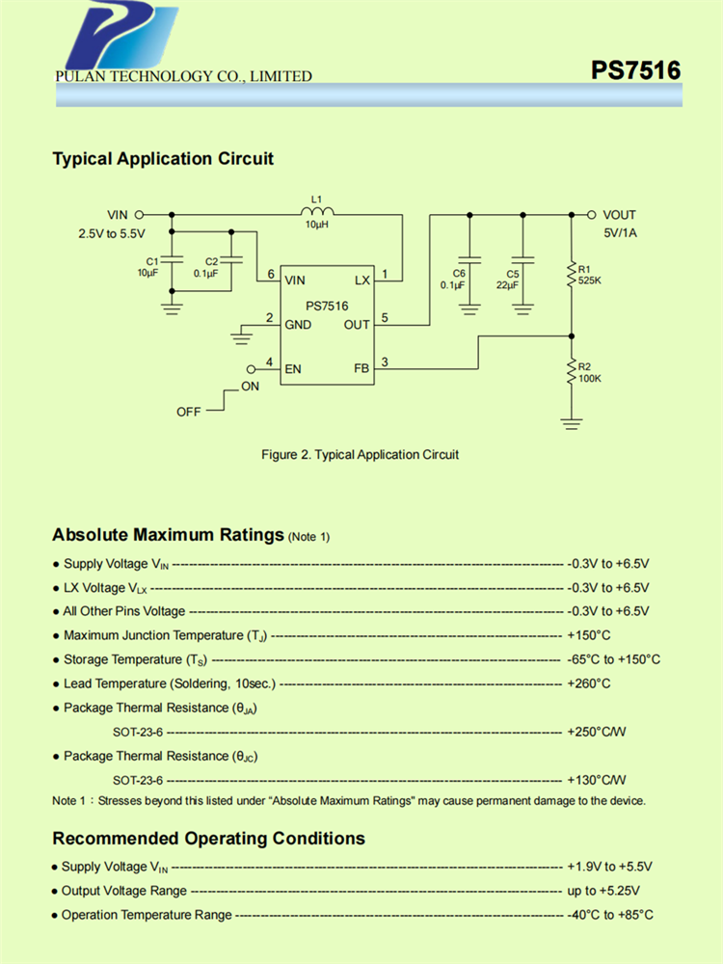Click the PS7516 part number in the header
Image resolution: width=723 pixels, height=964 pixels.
point(636,70)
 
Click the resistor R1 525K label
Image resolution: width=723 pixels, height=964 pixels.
point(590,274)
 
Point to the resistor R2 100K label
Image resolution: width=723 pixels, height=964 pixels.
point(590,373)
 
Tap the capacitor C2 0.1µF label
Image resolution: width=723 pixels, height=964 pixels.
point(206,267)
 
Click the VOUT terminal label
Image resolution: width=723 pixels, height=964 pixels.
point(619,215)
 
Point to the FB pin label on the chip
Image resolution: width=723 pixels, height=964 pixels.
point(361,368)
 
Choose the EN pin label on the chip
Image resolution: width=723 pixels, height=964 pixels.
point(293,368)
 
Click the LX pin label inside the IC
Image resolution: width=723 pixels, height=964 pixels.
point(361,281)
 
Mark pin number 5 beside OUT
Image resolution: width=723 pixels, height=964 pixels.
point(385,317)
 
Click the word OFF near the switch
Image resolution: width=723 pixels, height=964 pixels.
point(189,412)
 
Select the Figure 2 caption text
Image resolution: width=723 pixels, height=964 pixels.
point(361,454)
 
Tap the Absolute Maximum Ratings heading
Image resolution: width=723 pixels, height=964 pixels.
point(168,534)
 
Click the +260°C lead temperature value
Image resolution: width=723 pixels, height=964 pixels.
point(589,683)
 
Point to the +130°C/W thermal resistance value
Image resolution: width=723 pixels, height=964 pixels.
point(597,780)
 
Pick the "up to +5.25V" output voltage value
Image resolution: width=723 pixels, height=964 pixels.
point(602,891)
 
